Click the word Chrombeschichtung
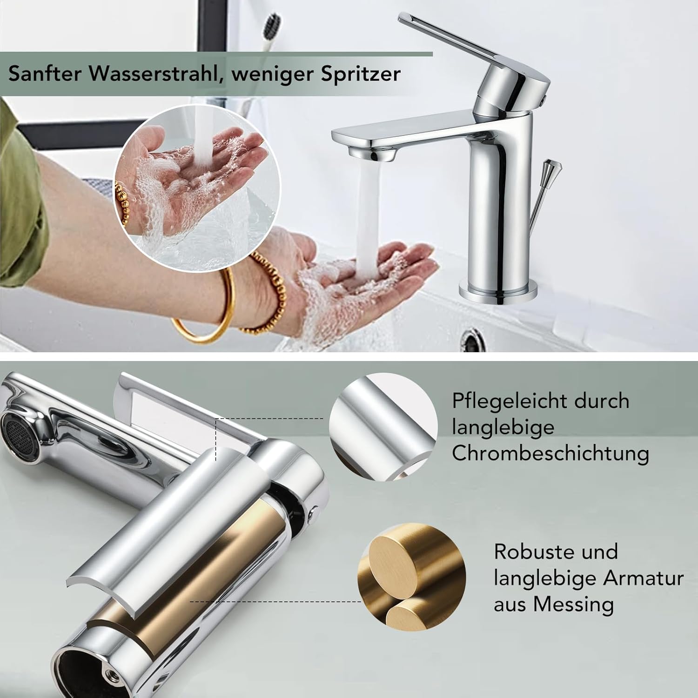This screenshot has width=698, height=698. click(x=550, y=453)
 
